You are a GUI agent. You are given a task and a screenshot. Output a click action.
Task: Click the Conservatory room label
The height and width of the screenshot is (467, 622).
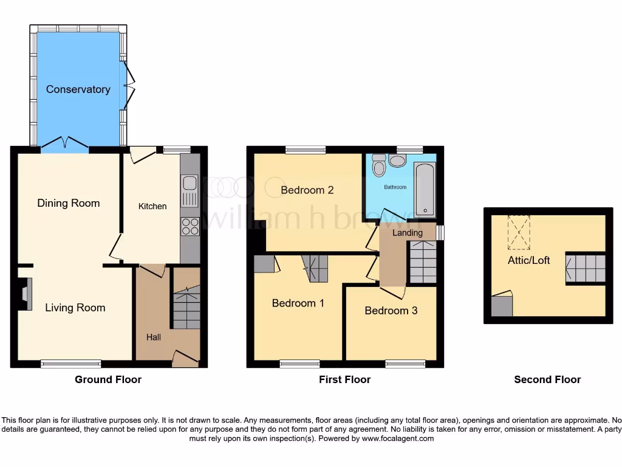(78, 89)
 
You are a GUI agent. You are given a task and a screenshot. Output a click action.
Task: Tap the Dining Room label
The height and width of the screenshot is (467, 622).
(69, 203)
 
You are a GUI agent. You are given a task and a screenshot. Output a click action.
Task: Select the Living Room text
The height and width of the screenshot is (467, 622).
(75, 308)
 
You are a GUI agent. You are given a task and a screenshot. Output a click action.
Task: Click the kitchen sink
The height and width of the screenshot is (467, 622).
(189, 190)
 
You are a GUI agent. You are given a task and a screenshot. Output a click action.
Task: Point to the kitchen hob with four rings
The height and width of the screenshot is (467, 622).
(190, 226)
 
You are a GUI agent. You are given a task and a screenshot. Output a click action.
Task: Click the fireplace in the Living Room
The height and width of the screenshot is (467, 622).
(24, 294)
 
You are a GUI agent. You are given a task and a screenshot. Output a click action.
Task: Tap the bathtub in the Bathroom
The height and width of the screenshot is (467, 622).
(425, 189)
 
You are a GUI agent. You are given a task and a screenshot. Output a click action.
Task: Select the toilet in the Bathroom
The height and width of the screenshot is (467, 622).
(379, 165)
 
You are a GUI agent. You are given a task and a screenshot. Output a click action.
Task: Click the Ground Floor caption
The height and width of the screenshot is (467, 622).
(108, 379)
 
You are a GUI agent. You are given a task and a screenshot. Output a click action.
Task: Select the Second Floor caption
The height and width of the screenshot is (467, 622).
(547, 379)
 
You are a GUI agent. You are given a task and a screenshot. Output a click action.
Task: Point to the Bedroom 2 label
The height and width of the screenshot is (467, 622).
(307, 190)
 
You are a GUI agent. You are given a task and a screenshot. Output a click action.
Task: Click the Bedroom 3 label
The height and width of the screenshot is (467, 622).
(391, 311)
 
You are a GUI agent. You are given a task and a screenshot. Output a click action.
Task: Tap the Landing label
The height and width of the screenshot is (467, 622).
(407, 233)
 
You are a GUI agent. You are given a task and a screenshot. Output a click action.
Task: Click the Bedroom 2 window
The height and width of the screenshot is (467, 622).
(305, 150)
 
